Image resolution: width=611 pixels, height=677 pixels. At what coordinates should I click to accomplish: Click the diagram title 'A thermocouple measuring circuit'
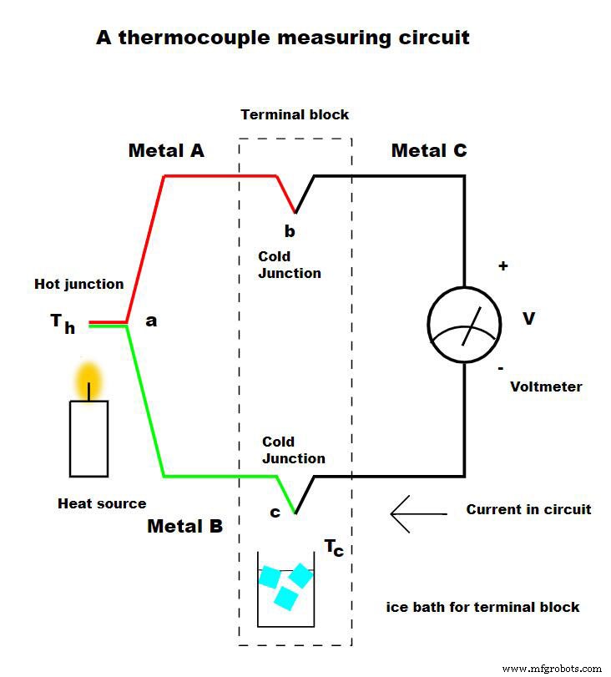283,38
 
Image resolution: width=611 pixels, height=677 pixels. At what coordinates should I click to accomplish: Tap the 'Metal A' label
166,151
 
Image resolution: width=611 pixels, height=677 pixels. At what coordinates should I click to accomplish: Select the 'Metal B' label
184,527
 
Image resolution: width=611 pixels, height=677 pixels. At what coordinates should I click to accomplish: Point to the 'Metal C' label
429,151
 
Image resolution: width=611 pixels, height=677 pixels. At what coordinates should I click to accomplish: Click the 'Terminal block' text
295,114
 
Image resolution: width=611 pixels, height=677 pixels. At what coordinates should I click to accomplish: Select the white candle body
88,438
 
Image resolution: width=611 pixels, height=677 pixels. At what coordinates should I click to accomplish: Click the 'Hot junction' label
78,284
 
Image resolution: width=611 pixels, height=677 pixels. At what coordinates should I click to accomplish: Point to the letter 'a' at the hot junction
151,320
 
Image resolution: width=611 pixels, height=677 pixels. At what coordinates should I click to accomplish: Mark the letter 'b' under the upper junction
290,230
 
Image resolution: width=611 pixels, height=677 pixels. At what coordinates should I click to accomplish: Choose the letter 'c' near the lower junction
275,513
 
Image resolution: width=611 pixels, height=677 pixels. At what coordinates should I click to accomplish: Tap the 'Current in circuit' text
528,509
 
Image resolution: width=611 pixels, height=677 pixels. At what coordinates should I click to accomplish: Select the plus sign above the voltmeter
502,266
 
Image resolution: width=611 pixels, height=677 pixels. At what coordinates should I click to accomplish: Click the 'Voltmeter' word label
545,386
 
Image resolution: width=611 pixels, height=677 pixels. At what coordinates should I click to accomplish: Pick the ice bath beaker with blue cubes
285,589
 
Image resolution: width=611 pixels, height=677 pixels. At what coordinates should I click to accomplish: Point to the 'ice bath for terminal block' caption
482,607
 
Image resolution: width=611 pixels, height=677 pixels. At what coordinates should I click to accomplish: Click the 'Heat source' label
102,503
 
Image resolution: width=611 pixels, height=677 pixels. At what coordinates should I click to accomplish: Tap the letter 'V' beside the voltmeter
528,318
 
